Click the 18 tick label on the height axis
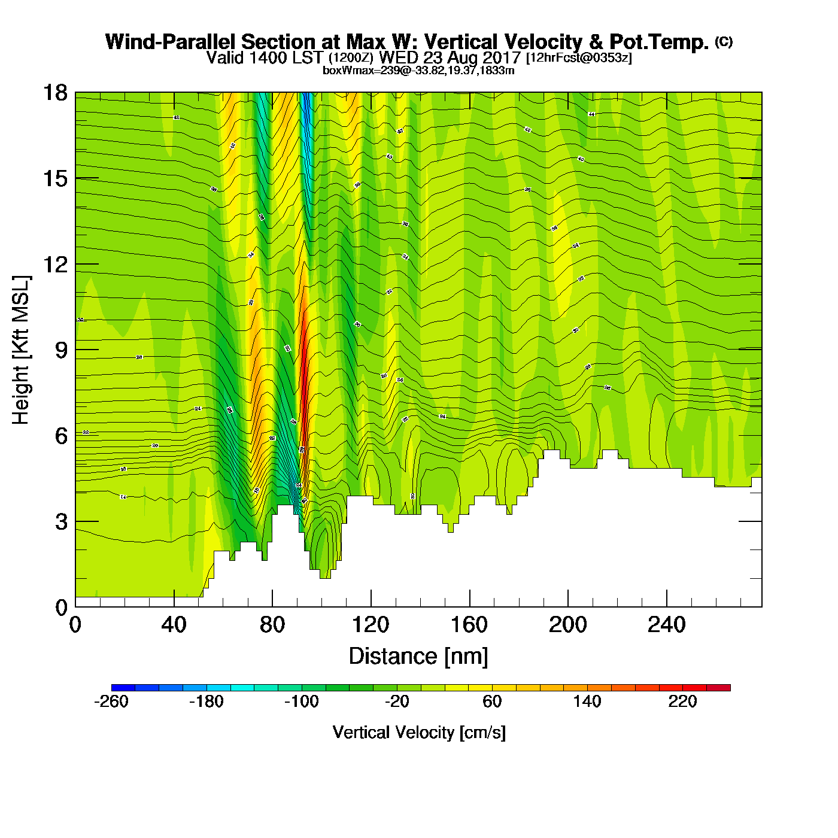[54, 93]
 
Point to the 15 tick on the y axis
[54, 178]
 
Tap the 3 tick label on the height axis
[61, 521]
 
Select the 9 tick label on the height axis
[61, 350]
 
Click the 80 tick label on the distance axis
[272, 625]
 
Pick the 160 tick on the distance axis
[469, 625]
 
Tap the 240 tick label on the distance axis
[666, 625]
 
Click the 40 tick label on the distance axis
[174, 625]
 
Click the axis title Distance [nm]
[418, 656]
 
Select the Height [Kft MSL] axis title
[21, 350]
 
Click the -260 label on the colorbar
[111, 702]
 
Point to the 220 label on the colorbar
[682, 702]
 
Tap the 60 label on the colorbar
[492, 702]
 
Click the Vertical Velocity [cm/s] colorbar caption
[419, 732]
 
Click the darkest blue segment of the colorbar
[123, 688]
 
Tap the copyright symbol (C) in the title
[724, 41]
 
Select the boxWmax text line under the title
[418, 70]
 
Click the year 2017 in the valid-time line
[502, 57]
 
